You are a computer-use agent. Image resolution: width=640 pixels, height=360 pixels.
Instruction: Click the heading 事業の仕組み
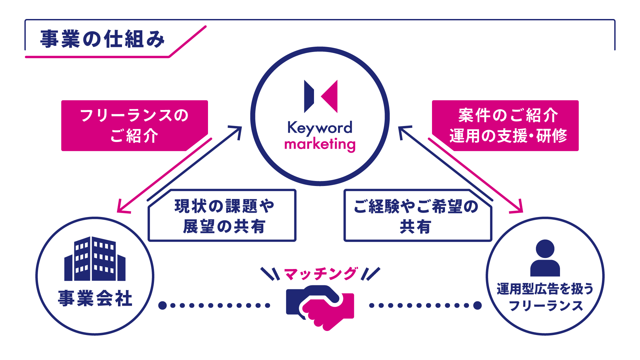click(102, 39)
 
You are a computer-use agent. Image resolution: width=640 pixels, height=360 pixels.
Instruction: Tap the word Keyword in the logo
click(320, 128)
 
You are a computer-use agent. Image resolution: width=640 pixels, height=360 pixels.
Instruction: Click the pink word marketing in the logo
click(320, 144)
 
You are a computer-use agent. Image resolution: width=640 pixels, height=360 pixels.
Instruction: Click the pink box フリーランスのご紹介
click(134, 125)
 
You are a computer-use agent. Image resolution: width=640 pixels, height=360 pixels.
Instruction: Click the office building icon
click(95, 259)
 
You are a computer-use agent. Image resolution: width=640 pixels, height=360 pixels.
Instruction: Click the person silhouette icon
click(545, 258)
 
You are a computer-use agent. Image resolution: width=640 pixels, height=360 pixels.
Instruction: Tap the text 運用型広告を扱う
click(545, 289)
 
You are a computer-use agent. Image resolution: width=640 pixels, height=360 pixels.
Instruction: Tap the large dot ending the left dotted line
click(162, 305)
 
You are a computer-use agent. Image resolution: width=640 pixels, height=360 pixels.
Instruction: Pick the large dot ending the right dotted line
click(477, 305)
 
